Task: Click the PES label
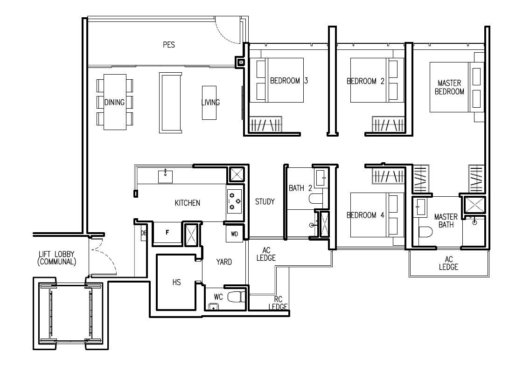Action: coord(169,44)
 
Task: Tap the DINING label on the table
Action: coord(114,103)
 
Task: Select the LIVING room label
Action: coord(210,103)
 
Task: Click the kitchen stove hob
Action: coord(234,201)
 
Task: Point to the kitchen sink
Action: coord(165,176)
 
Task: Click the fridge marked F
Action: coord(167,232)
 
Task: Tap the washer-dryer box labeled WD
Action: coord(234,234)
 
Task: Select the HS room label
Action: coord(177,282)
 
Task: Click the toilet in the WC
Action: coord(235,297)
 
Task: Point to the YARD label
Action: coord(224,262)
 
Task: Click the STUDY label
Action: coord(265,202)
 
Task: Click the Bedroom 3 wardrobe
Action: coord(265,124)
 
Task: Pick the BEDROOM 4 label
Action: coord(365,215)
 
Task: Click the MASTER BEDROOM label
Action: coord(449,88)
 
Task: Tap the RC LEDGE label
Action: coord(278,303)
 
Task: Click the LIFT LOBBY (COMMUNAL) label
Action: coord(57,258)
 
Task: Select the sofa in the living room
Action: coord(170,103)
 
